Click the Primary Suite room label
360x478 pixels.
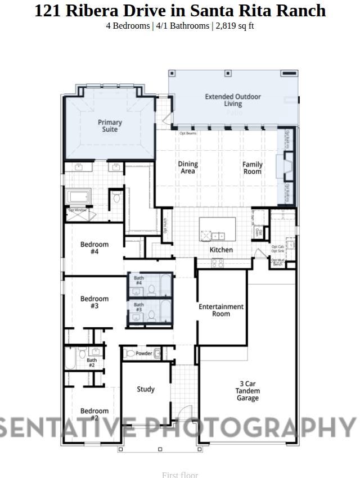[110, 126]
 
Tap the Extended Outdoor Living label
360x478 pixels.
[233, 100]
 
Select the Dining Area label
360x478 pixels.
[188, 168]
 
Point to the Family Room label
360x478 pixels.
[253, 168]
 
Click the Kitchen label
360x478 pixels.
[221, 250]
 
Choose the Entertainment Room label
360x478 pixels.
[221, 310]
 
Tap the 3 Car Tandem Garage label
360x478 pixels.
[247, 391]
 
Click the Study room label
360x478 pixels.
[146, 389]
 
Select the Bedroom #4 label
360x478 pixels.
[94, 248]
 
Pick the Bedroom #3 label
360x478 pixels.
[94, 303]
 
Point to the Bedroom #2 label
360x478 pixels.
[94, 414]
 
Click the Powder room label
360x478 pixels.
[144, 354]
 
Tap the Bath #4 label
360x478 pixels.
[138, 280]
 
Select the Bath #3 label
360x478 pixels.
[138, 307]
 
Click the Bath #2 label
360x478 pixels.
[92, 363]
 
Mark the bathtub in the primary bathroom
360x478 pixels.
[79, 198]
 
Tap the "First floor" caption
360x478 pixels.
[180, 474]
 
